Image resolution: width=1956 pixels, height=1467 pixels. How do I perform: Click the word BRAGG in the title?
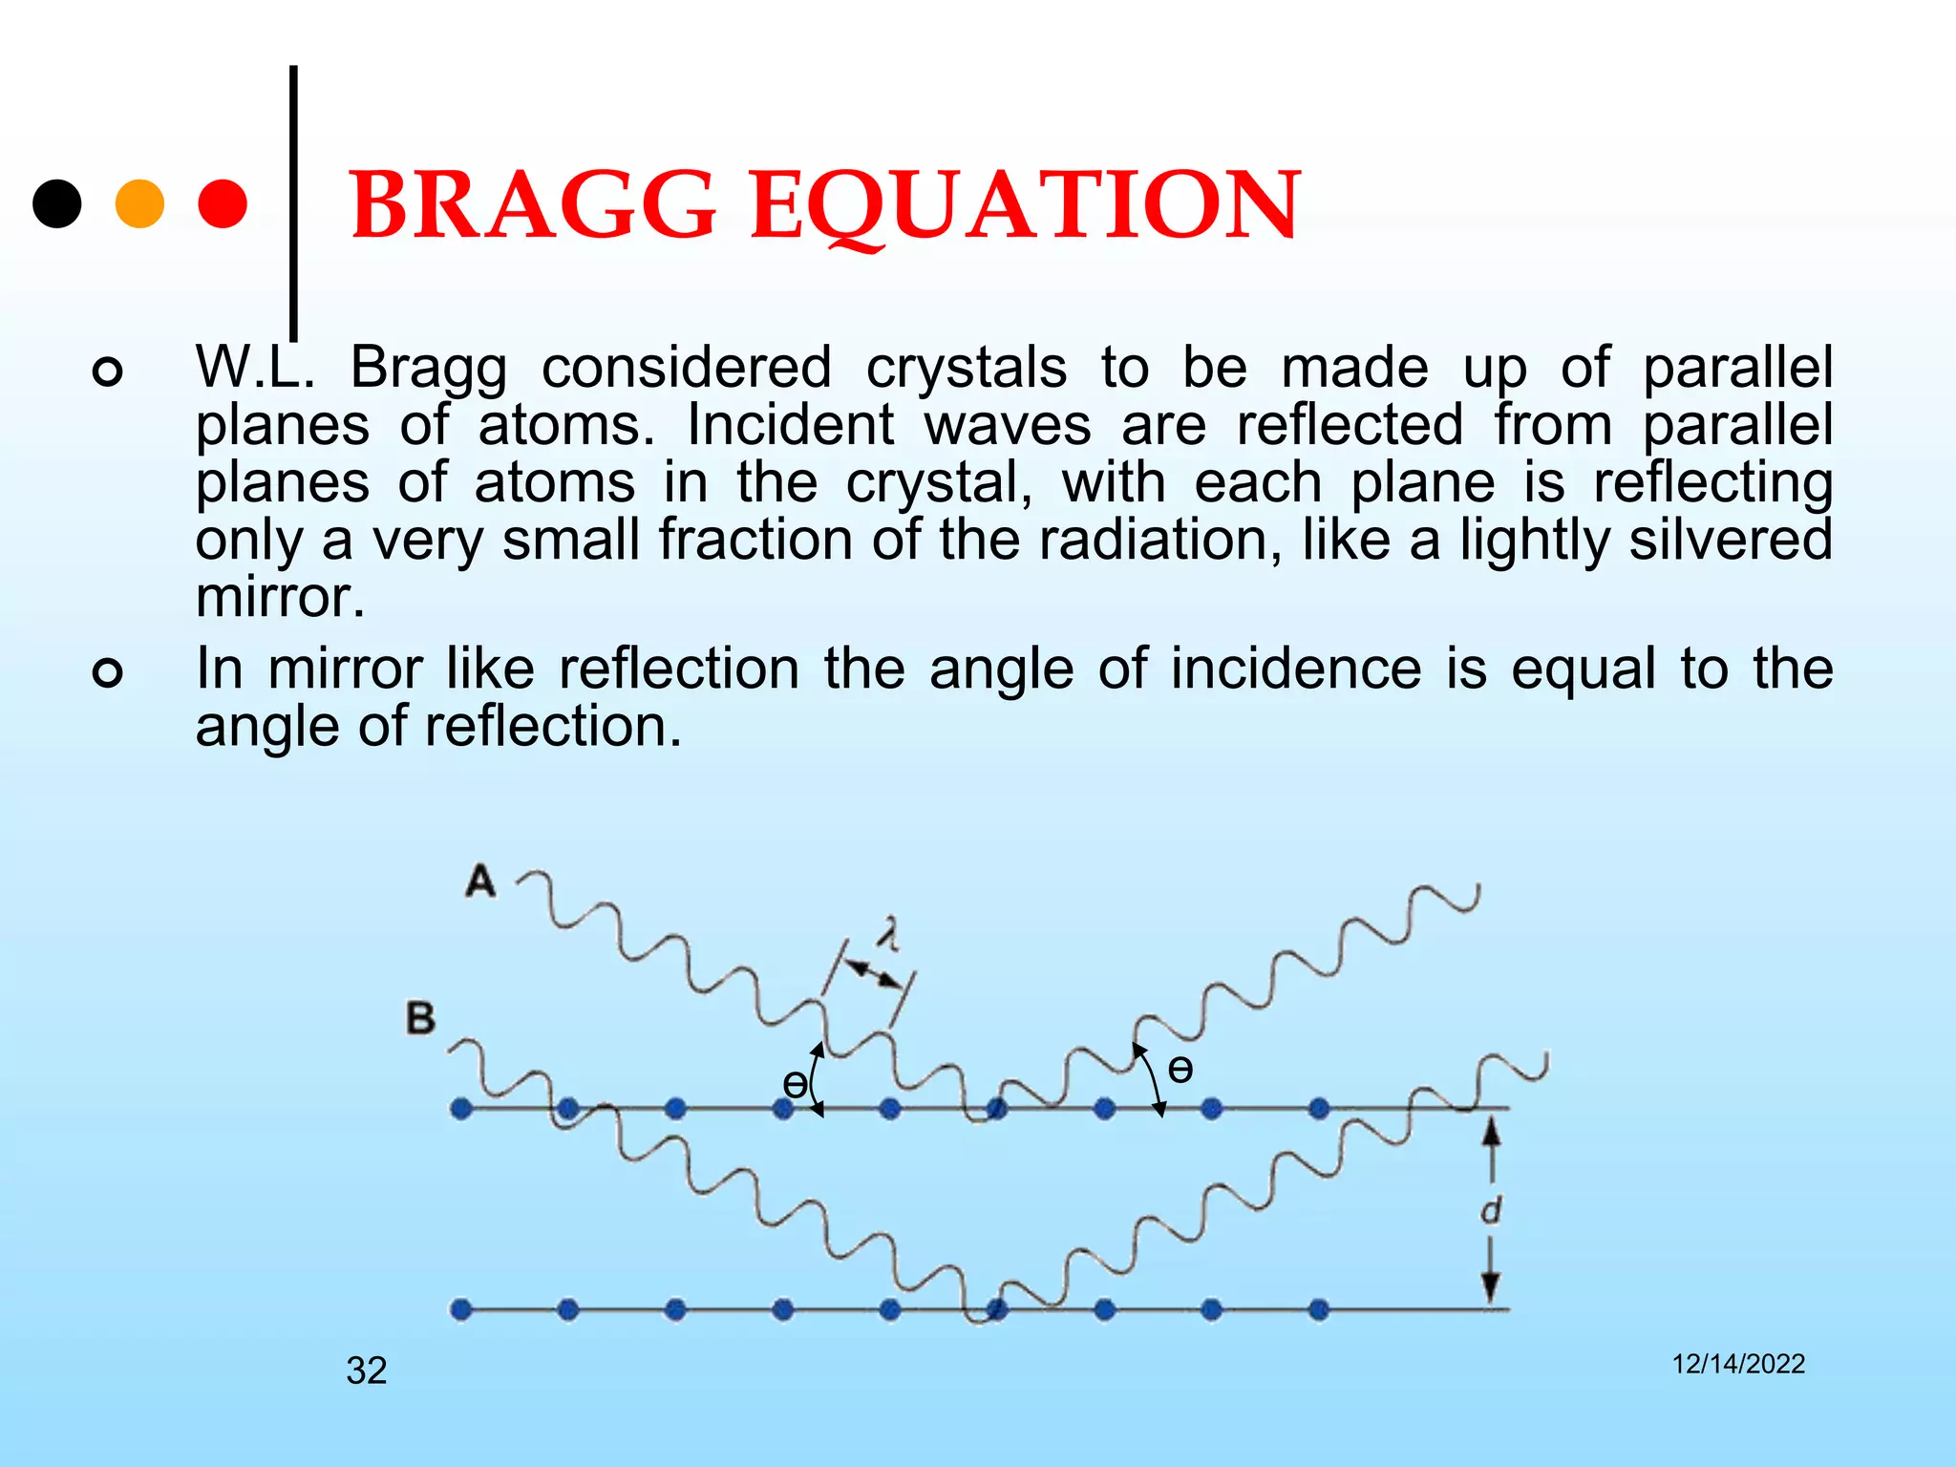pos(533,205)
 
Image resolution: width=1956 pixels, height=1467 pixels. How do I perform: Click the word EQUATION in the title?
pos(1025,205)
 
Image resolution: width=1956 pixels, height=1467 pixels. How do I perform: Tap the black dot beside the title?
pos(57,203)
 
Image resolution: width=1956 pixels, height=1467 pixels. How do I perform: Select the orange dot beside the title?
pos(139,203)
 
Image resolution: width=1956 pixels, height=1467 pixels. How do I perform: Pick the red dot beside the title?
pos(223,203)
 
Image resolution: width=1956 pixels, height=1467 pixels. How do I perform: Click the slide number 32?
pos(367,1371)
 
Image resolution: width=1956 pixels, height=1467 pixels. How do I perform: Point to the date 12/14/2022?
pos(1738,1364)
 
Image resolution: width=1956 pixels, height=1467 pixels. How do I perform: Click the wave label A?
pos(480,881)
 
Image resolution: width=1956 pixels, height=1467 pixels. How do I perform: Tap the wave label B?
pos(420,1018)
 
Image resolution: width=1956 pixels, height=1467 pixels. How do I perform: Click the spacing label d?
pos(1491,1210)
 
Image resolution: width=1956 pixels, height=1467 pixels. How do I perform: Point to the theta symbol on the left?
pos(794,1084)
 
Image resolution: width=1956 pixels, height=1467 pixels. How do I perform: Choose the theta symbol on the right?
pos(1180,1069)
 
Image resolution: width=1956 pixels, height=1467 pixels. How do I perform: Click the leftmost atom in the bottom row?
pos(461,1309)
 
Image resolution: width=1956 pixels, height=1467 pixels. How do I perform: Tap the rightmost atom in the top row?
pos(1319,1109)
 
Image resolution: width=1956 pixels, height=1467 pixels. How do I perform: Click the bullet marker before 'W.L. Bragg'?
pos(108,372)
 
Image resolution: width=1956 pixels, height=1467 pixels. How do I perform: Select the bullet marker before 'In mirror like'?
pos(108,673)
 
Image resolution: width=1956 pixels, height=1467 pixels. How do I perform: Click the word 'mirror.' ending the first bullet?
pos(280,599)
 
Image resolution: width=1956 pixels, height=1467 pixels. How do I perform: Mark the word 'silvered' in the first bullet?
pos(1731,540)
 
